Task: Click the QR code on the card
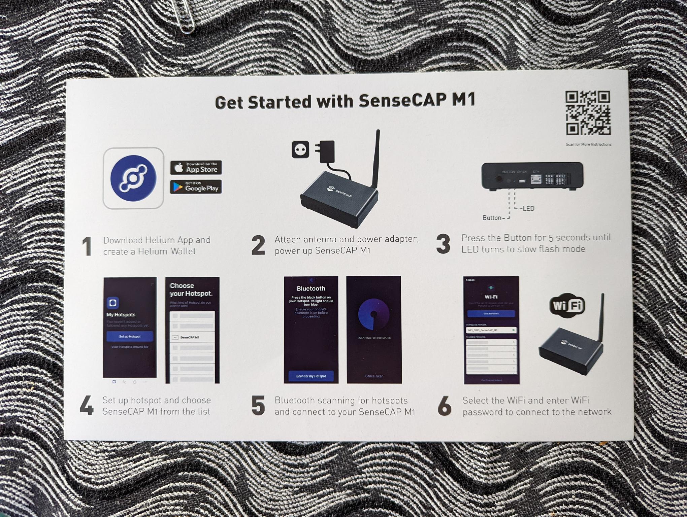tap(588, 113)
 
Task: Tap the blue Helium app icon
tap(133, 178)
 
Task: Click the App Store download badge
tap(196, 167)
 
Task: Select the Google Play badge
tap(196, 187)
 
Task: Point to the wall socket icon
tap(300, 149)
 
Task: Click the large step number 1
tap(87, 246)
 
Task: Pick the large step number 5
tap(258, 406)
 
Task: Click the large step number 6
tap(444, 406)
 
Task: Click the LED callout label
tap(527, 209)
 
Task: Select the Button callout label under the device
tap(492, 218)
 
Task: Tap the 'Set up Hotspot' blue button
tap(130, 336)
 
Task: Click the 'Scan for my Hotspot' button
tap(311, 376)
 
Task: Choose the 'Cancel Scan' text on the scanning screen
tap(374, 376)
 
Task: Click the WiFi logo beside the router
tap(567, 306)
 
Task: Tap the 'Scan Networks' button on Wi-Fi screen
tap(491, 314)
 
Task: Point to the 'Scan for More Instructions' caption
tap(588, 144)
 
